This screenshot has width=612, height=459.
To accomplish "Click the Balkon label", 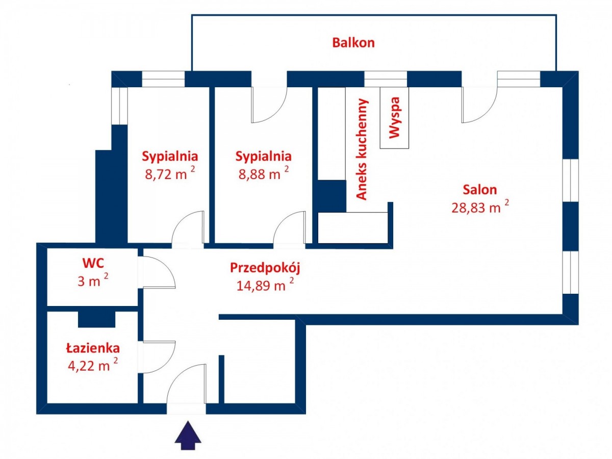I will (353, 43).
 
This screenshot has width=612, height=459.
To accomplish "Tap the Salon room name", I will (479, 190).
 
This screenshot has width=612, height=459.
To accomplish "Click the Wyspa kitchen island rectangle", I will (394, 118).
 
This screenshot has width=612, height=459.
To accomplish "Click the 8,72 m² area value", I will (170, 174).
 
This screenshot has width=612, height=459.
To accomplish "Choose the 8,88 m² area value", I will (263, 174).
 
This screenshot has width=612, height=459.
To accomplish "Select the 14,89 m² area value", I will (265, 285).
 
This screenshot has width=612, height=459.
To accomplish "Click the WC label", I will (93, 264).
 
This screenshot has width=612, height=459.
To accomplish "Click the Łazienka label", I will (93, 348).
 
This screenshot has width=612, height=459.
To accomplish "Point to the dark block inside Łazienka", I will (97, 319).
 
